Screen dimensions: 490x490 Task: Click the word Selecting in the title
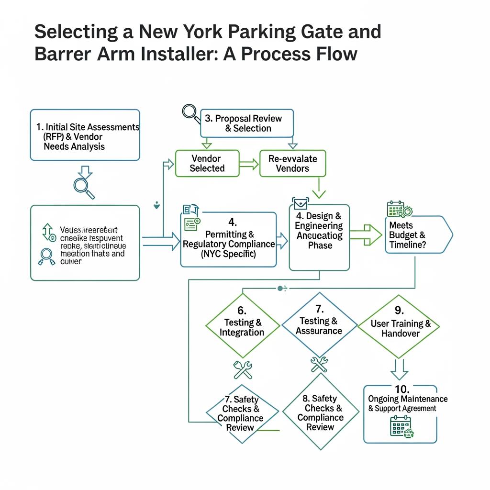pos(76,32)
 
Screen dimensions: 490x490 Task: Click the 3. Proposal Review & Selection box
pos(247,122)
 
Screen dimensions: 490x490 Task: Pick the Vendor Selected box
pos(207,163)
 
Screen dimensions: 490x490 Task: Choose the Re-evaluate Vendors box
pos(292,163)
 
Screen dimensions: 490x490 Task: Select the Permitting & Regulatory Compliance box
pos(229,239)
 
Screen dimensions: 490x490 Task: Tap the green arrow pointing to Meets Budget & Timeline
pos(366,234)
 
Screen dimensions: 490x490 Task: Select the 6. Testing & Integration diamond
pos(243,326)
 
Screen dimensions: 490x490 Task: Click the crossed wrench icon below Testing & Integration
pos(243,369)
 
